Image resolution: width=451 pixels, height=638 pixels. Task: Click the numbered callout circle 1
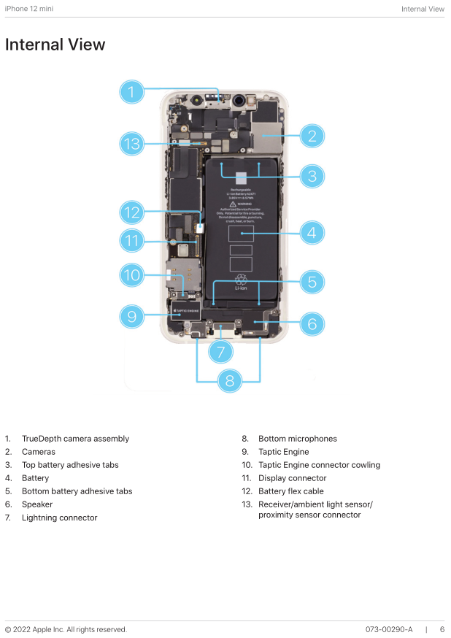(x=131, y=91)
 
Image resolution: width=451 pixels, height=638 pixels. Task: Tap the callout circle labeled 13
(x=131, y=144)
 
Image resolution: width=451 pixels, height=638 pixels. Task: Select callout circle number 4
(x=312, y=233)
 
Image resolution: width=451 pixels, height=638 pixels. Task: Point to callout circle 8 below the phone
(x=229, y=380)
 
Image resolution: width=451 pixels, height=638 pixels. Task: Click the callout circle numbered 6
(x=312, y=323)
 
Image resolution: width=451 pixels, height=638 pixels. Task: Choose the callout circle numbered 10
(x=131, y=275)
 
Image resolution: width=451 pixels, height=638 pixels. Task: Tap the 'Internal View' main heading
(x=55, y=45)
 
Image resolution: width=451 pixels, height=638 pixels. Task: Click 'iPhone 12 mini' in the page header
(x=28, y=9)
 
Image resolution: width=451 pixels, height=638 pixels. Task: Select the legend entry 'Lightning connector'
(x=59, y=518)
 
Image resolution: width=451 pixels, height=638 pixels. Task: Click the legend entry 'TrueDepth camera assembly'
(x=75, y=439)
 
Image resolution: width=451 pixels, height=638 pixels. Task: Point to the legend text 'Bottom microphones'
(x=297, y=439)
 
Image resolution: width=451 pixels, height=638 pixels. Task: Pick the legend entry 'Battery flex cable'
(x=290, y=491)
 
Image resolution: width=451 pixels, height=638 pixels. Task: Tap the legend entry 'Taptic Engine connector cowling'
(x=319, y=465)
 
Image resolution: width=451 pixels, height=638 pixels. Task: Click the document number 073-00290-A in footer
(x=389, y=629)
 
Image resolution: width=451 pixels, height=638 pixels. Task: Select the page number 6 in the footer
(x=442, y=629)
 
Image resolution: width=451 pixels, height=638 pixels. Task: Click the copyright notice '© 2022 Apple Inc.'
(x=66, y=629)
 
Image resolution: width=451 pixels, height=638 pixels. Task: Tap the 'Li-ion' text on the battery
(x=241, y=288)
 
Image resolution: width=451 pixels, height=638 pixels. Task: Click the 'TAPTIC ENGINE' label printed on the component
(x=185, y=310)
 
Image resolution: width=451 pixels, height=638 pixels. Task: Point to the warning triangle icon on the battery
(x=232, y=204)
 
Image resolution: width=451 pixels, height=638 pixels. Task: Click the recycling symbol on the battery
(x=241, y=279)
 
